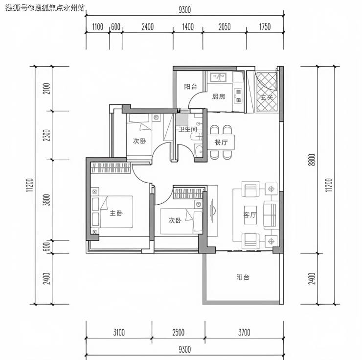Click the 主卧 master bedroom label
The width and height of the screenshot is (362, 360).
(116, 213)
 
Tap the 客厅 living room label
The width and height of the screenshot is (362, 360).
(249, 215)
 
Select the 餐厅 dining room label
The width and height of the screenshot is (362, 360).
(221, 142)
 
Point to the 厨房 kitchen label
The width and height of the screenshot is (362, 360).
(218, 96)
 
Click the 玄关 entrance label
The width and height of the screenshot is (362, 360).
(267, 97)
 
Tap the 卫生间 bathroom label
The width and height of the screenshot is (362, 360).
(188, 129)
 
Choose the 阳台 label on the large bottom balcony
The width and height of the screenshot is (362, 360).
(243, 277)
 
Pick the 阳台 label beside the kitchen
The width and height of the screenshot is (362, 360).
(191, 87)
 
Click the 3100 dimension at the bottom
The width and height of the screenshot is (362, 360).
(119, 333)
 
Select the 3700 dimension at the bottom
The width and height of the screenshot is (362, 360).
(244, 333)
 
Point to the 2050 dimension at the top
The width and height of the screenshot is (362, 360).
(225, 27)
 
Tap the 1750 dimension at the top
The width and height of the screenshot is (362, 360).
(265, 27)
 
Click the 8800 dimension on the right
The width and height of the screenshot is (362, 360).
(312, 160)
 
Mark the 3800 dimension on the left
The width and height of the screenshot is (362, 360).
(46, 200)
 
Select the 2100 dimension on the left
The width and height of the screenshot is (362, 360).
(46, 89)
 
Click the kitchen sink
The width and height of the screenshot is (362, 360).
(218, 77)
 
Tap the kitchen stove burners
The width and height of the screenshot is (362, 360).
(238, 96)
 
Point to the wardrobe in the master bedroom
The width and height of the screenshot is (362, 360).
(111, 168)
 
